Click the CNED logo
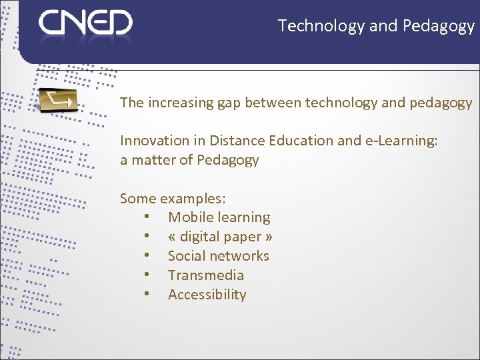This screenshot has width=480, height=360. pyautogui.click(x=85, y=23)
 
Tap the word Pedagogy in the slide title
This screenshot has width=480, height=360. pyautogui.click(x=439, y=26)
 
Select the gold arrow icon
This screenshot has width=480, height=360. pyautogui.click(x=58, y=100)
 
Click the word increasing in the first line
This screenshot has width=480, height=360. pyautogui.click(x=179, y=103)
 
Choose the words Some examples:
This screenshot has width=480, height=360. pyautogui.click(x=173, y=199)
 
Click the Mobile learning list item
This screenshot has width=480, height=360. pyautogui.click(x=219, y=217)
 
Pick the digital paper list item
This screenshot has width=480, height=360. pyautogui.click(x=220, y=237)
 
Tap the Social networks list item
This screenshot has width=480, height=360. pyautogui.click(x=218, y=256)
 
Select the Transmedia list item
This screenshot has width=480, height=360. pyautogui.click(x=205, y=275)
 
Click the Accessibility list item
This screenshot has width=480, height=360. pyautogui.click(x=207, y=295)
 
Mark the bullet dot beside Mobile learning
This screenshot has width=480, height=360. pyautogui.click(x=146, y=217)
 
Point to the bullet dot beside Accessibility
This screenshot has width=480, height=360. pyautogui.click(x=146, y=295)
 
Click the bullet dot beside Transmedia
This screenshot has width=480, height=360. pyautogui.click(x=146, y=275)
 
